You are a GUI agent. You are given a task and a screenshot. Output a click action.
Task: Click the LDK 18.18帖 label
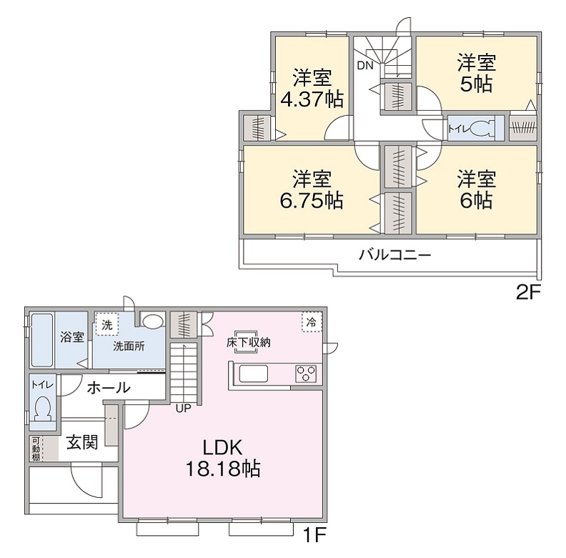point(223,459)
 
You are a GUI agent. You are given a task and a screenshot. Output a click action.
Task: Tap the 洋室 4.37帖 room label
point(312,88)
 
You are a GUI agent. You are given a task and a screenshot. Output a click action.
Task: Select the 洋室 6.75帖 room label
point(312,189)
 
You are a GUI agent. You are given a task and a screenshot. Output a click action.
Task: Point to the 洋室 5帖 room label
point(477,73)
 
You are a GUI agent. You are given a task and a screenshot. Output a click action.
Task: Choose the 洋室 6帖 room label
point(477,189)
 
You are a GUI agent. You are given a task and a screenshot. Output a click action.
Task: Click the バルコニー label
point(395,255)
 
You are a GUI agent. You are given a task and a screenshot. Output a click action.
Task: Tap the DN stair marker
point(365,66)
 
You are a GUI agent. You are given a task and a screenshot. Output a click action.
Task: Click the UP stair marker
point(183,408)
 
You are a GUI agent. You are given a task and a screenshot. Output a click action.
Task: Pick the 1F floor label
point(314,535)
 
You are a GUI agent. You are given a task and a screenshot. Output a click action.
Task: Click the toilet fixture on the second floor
point(482,128)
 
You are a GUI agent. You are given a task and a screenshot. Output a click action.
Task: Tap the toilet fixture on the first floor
point(43,408)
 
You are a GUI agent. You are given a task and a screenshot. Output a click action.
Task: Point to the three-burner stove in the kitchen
point(306,373)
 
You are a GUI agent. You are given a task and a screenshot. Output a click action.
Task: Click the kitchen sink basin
point(254,373)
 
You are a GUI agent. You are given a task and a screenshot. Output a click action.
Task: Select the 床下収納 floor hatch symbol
point(246,341)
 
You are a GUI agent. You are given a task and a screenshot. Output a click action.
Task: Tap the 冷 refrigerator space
point(312,322)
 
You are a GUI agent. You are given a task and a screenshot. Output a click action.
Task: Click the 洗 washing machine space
point(107,325)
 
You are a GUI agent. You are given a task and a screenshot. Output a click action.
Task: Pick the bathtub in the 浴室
point(42,341)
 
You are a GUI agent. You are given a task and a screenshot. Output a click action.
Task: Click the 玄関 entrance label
point(82,442)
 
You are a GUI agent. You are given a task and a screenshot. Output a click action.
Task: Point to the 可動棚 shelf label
point(36,449)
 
